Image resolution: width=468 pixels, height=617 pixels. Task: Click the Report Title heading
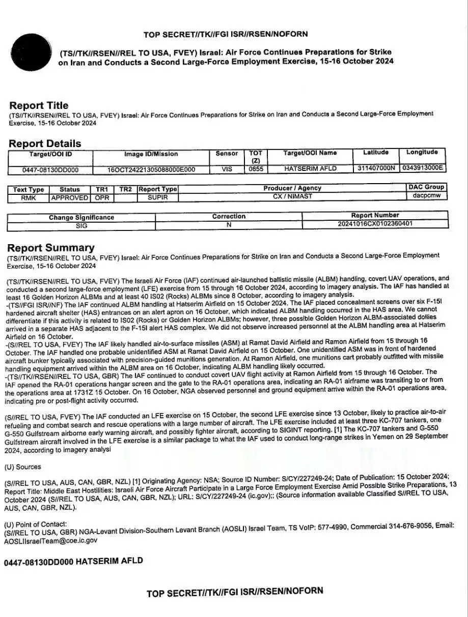pyautogui.click(x=39, y=105)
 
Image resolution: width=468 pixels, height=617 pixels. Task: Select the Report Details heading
pyautogui.click(x=45, y=143)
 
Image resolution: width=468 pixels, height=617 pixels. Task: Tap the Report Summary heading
pyautogui.click(x=50, y=248)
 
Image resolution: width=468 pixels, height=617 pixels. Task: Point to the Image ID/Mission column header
pyautogui.click(x=151, y=154)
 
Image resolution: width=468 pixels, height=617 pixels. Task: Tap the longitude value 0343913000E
pyautogui.click(x=423, y=168)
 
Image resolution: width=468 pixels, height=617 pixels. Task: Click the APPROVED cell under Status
pyautogui.click(x=70, y=197)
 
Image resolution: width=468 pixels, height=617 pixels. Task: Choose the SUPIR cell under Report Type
pyautogui.click(x=158, y=197)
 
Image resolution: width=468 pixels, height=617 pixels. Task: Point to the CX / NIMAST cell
pyautogui.click(x=292, y=196)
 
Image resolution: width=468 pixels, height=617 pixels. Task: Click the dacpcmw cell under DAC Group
pyautogui.click(x=427, y=195)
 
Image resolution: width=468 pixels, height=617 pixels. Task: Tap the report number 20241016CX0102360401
pyautogui.click(x=375, y=223)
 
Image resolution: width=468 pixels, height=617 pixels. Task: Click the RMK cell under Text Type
pyautogui.click(x=29, y=198)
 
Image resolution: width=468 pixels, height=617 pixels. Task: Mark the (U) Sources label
pyautogui.click(x=22, y=467)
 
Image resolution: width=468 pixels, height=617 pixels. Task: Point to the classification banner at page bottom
pyautogui.click(x=235, y=592)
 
